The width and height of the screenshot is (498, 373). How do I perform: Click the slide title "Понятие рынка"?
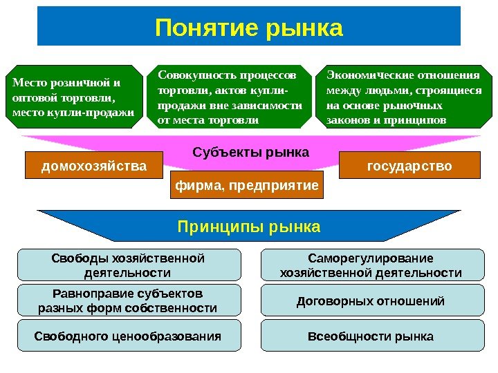(249, 28)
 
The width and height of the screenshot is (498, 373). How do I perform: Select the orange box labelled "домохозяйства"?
(94, 166)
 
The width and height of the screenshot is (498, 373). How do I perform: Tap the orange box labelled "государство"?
(409, 166)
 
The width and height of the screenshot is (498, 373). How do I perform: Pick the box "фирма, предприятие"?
(246, 186)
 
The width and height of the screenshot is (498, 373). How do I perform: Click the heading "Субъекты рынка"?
(250, 151)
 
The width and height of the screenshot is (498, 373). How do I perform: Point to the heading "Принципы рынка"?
(249, 227)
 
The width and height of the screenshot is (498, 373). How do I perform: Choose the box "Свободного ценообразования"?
(128, 336)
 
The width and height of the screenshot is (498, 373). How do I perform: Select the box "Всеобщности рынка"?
(371, 336)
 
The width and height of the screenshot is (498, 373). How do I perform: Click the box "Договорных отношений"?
(371, 301)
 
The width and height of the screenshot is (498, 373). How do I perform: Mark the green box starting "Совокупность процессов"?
(230, 97)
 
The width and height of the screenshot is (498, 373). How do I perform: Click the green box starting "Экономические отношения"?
(403, 97)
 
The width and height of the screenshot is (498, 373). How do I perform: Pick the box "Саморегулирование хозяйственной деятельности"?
(371, 266)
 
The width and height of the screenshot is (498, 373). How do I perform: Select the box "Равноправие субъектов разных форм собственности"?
(128, 301)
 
